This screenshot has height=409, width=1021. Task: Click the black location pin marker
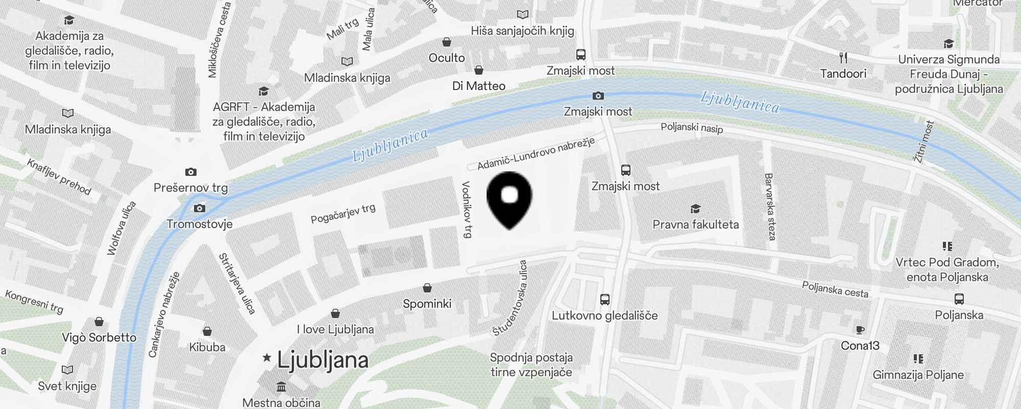[x=509, y=199]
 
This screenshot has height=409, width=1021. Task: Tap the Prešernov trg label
[x=190, y=188]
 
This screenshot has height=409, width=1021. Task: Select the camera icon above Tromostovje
[x=200, y=208]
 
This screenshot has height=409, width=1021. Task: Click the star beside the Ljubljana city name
[x=266, y=358]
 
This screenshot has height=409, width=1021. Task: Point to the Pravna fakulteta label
[x=695, y=224]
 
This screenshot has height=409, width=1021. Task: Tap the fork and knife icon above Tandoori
[x=843, y=58]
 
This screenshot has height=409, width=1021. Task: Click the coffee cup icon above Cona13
[x=860, y=330]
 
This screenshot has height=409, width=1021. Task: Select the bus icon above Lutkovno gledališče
[x=605, y=300]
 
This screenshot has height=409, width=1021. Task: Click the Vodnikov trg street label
[x=466, y=210]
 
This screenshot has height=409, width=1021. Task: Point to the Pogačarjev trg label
[x=343, y=213]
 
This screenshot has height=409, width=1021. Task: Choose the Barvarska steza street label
[x=769, y=207]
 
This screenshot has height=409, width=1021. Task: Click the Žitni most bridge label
[x=924, y=142]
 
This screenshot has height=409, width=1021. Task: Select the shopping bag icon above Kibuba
[x=207, y=331]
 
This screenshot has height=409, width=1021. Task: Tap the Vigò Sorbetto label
[x=99, y=337]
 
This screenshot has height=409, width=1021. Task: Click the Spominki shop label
[x=427, y=304]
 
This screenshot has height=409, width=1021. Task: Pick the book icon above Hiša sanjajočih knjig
[x=522, y=14]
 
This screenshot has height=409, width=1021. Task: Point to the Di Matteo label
[x=479, y=86]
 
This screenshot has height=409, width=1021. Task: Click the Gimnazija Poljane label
[x=918, y=375]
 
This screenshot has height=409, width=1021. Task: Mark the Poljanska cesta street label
[x=835, y=289]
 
